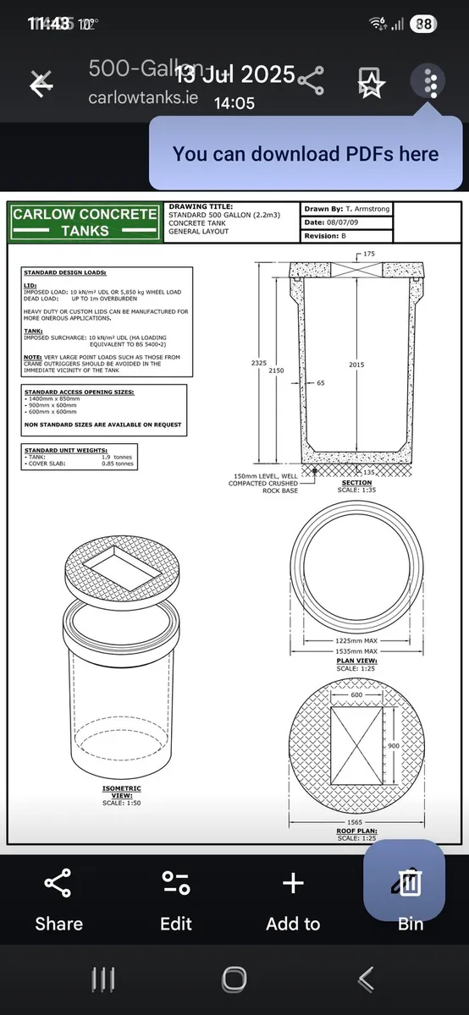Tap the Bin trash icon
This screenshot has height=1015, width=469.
[411, 884]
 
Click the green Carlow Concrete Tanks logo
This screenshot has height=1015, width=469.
[85, 222]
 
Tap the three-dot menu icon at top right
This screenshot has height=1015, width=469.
[432, 82]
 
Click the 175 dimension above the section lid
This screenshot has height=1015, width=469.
[368, 254]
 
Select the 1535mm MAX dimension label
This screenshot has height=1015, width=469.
[356, 652]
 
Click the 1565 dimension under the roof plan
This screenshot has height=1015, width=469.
[356, 822]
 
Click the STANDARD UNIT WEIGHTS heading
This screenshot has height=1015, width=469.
[61, 450]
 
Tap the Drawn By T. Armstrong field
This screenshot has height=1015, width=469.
[348, 209]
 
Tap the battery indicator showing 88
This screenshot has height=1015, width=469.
[422, 25]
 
